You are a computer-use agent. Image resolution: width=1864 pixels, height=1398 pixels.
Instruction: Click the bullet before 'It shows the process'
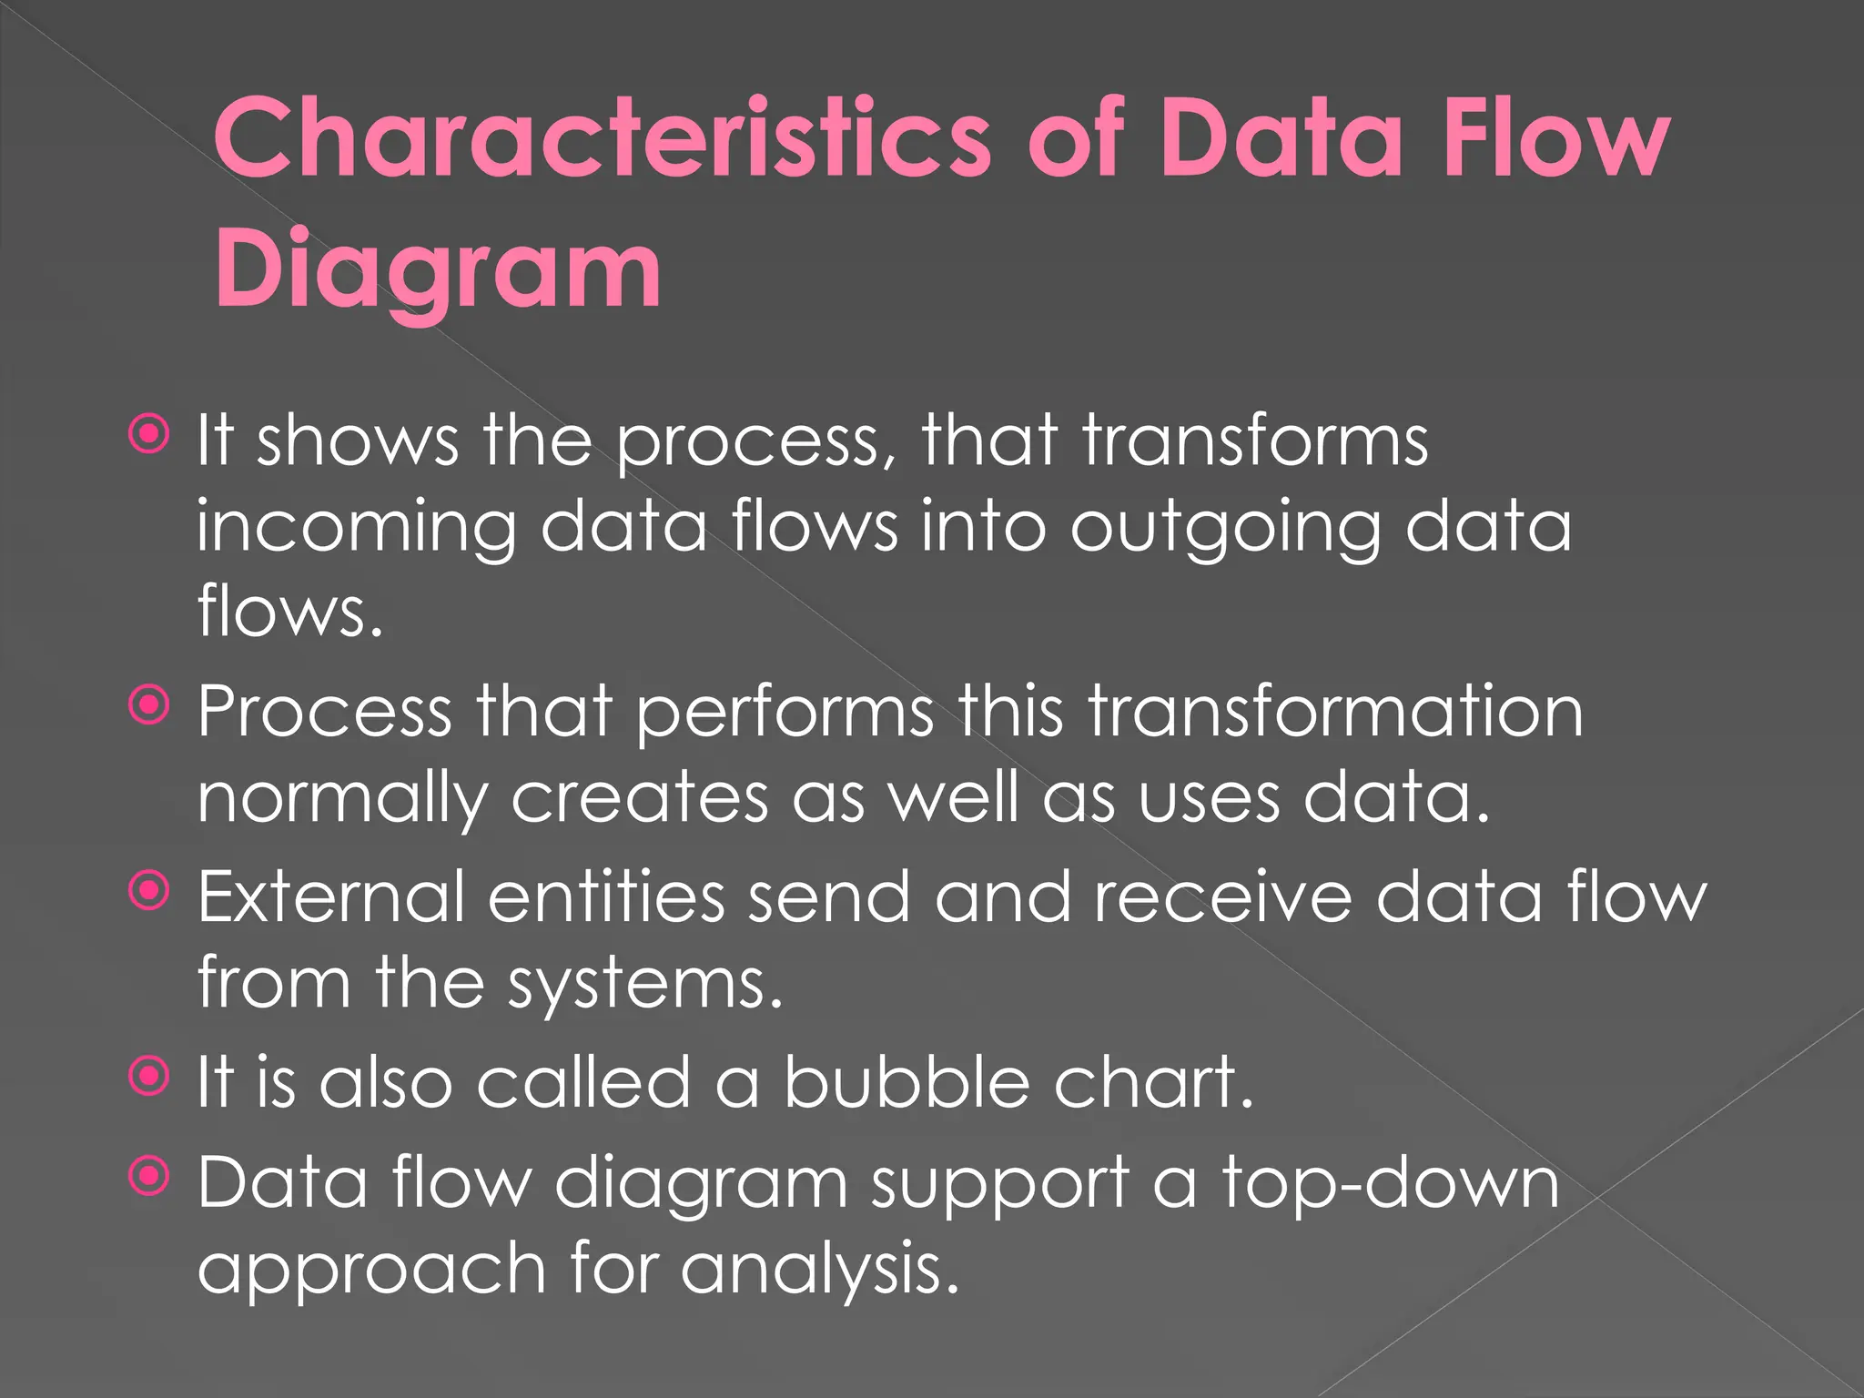149,434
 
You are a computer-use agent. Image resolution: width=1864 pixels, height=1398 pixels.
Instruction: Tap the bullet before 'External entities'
149,891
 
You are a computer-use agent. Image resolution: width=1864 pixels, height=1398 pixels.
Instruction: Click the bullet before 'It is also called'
149,1077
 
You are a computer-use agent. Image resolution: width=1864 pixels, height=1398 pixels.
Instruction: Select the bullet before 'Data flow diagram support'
149,1177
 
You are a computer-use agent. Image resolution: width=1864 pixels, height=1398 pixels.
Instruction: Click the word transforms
1255,441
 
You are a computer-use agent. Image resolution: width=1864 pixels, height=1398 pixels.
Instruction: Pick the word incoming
356,528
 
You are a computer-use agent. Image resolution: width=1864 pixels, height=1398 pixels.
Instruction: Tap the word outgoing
1225,528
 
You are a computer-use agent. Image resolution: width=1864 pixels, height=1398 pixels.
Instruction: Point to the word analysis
820,1269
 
